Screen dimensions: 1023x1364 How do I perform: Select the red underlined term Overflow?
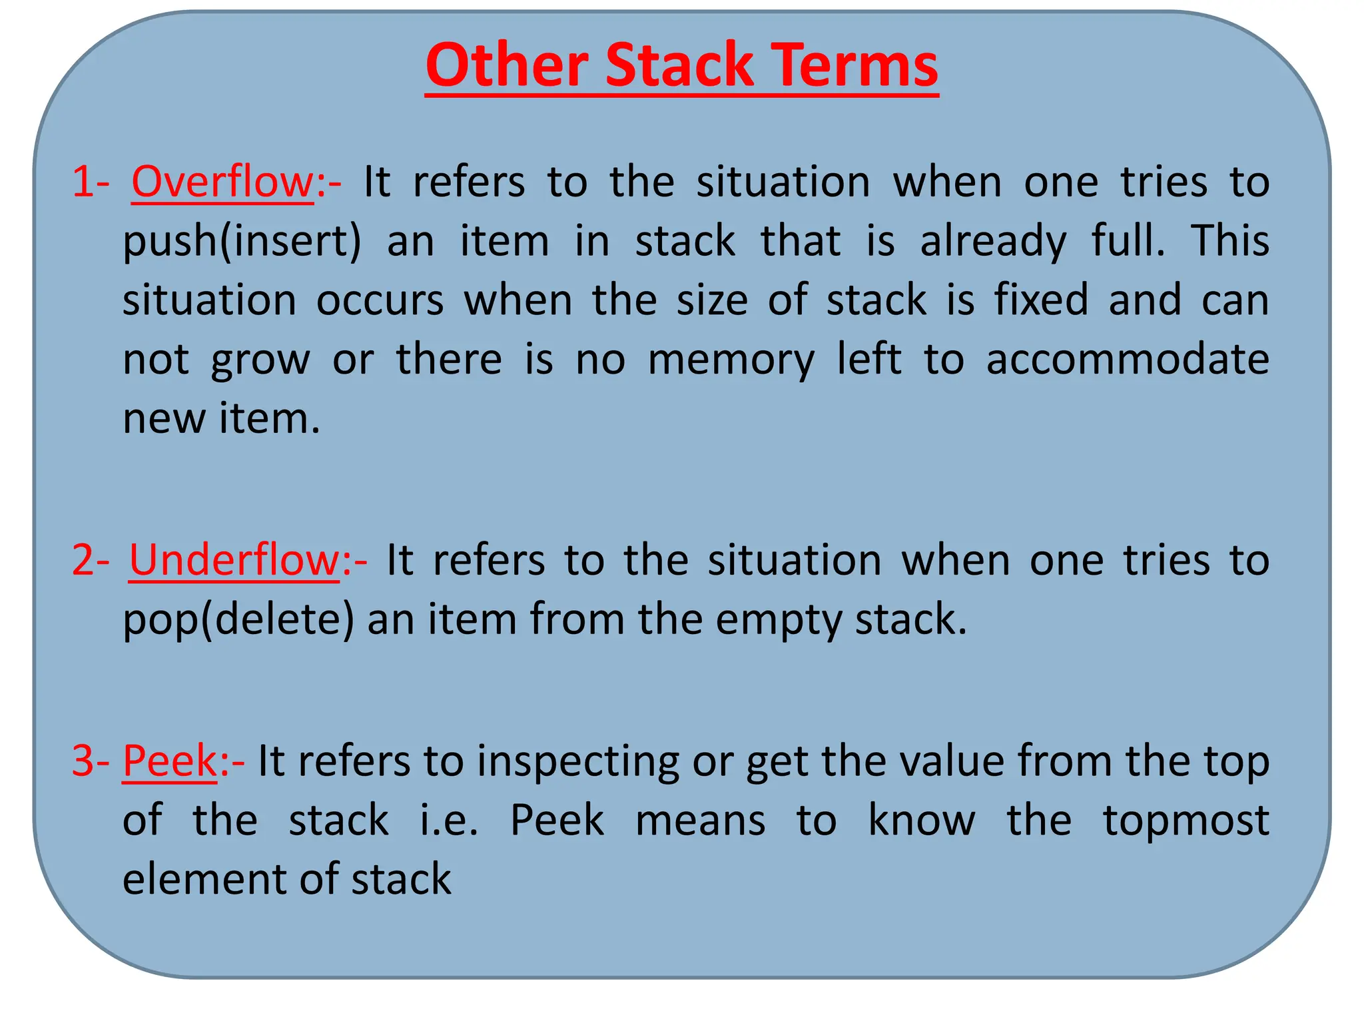pos(222,182)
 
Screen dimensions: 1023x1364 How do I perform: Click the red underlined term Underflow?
pos(234,560)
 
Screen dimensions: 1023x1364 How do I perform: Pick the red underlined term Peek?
pos(170,761)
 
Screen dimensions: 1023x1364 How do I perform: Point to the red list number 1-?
pos(90,182)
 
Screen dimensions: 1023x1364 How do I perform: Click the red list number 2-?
pos(90,560)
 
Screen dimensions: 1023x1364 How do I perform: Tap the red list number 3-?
pos(90,761)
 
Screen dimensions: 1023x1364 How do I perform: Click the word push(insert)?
pos(242,242)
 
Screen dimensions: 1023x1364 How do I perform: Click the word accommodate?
pos(1127,360)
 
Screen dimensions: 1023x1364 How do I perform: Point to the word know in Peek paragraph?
pos(921,821)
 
